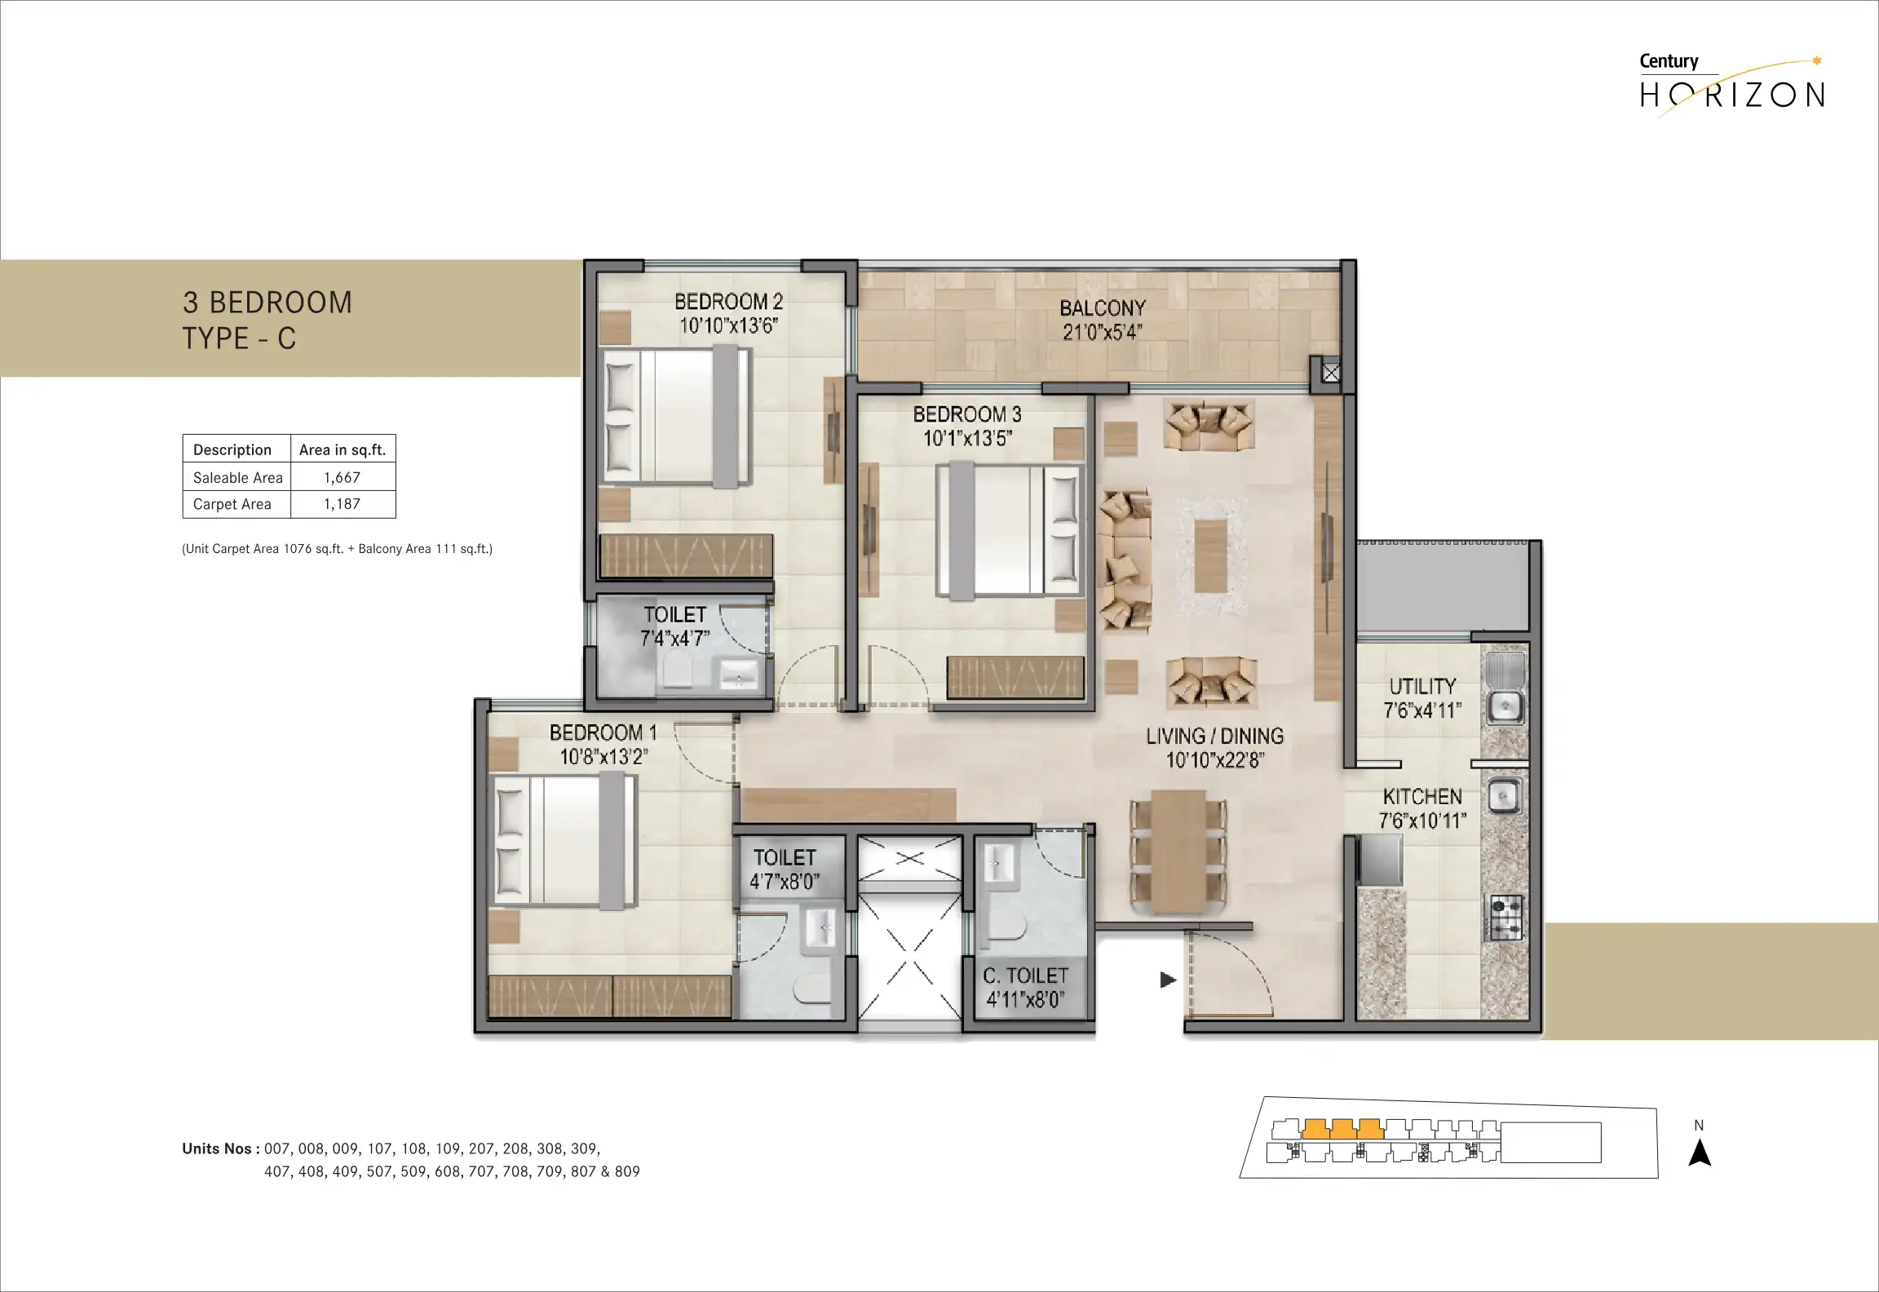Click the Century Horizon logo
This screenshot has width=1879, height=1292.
1732,85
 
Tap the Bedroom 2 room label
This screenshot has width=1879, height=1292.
728,302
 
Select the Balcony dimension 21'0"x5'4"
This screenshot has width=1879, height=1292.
1103,332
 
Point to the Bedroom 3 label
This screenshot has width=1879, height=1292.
967,414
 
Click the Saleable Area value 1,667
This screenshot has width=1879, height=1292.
342,478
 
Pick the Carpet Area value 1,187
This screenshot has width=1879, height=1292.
342,504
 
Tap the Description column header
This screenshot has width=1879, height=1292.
232,449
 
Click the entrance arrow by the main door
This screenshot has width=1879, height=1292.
1168,980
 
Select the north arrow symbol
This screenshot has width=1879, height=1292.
1700,1153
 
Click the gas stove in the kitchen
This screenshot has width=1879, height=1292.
1506,916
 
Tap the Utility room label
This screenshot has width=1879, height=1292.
1422,686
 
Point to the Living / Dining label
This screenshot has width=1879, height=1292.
1214,737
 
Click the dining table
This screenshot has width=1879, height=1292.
1178,851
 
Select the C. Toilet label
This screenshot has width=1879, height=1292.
1025,976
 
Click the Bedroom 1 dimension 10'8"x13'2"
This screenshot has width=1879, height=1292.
603,757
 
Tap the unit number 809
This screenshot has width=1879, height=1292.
627,1171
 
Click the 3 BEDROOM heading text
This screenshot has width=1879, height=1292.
267,303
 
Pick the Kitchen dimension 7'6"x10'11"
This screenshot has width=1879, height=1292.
1422,821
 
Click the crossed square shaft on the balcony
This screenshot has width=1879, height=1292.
1331,374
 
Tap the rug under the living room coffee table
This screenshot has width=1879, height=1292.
1211,556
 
